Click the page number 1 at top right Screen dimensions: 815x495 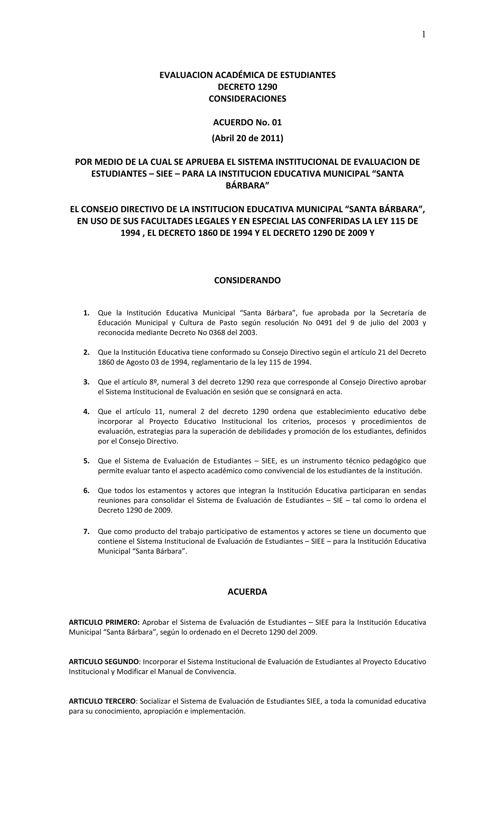(x=423, y=34)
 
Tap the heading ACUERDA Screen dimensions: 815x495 (x=247, y=591)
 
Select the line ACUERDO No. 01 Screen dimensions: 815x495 (x=247, y=122)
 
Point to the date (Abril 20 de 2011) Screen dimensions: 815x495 (x=247, y=138)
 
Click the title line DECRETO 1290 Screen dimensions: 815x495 (x=247, y=87)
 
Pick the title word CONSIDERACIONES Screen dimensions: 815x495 (x=247, y=99)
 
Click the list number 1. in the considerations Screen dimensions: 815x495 (x=86, y=313)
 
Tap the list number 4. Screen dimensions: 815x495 (x=86, y=411)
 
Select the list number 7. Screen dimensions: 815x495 (x=86, y=532)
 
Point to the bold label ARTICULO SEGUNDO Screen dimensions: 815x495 (x=103, y=662)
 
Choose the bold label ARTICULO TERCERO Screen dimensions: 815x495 (x=102, y=701)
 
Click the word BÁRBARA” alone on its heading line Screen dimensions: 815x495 (x=247, y=186)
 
